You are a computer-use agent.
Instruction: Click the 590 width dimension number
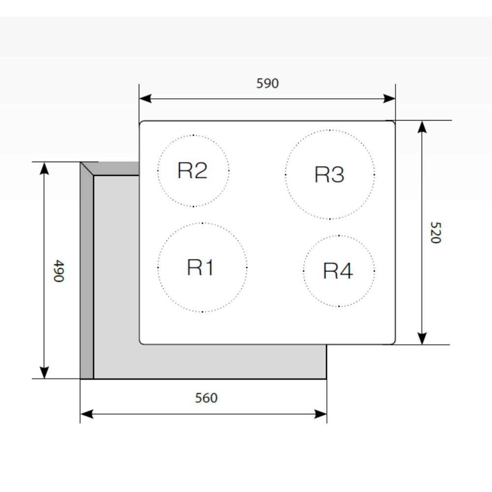coord(267,84)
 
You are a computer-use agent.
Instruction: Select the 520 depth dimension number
coord(435,233)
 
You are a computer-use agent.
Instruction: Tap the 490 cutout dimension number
coord(59,271)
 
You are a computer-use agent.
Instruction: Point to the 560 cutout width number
coord(206,398)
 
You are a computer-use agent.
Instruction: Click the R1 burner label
coord(200,267)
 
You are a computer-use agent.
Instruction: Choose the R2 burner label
coord(192,170)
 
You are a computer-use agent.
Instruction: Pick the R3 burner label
coord(329,175)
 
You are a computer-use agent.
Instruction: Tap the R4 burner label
coord(338,271)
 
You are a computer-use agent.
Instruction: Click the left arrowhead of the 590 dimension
coord(145,98)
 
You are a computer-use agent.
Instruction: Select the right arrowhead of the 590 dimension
coord(389,98)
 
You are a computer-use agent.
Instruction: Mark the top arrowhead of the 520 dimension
coord(422,127)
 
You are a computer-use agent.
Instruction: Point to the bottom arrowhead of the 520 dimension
coord(422,338)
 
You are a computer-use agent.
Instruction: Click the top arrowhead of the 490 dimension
coord(45,168)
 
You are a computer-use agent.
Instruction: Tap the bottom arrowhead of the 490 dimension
coord(45,372)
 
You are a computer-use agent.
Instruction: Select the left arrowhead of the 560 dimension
coord(87,414)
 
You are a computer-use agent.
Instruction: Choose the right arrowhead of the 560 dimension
coord(321,414)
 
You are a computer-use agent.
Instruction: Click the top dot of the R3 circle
coord(330,130)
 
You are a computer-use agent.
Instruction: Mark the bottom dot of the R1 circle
coord(202,312)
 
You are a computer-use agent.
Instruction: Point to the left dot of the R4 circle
coord(304,271)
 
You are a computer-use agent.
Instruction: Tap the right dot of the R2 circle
coord(229,171)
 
